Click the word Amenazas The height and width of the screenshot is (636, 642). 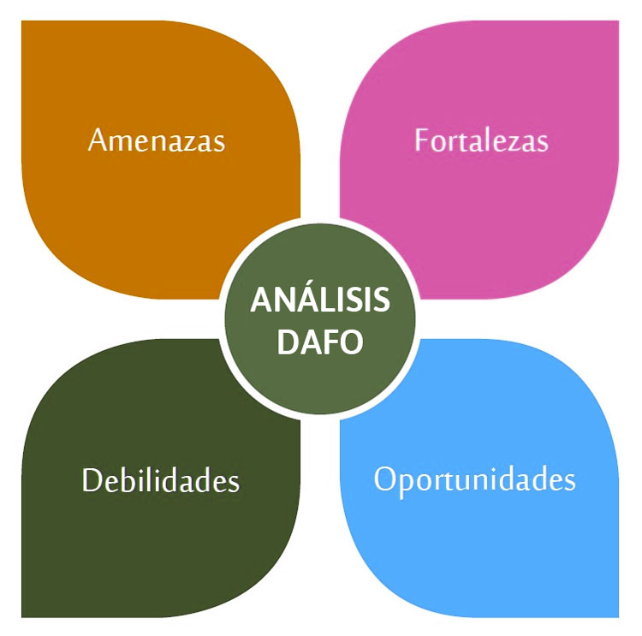tap(157, 140)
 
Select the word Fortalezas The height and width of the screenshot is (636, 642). tap(481, 140)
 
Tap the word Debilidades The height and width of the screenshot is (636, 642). tap(160, 479)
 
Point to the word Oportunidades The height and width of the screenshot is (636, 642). tap(474, 479)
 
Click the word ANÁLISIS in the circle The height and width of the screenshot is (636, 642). tap(320, 301)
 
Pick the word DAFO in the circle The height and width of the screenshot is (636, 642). tap(320, 342)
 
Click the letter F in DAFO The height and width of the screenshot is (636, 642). tap(330, 342)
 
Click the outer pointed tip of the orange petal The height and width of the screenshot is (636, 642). tap(23, 22)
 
